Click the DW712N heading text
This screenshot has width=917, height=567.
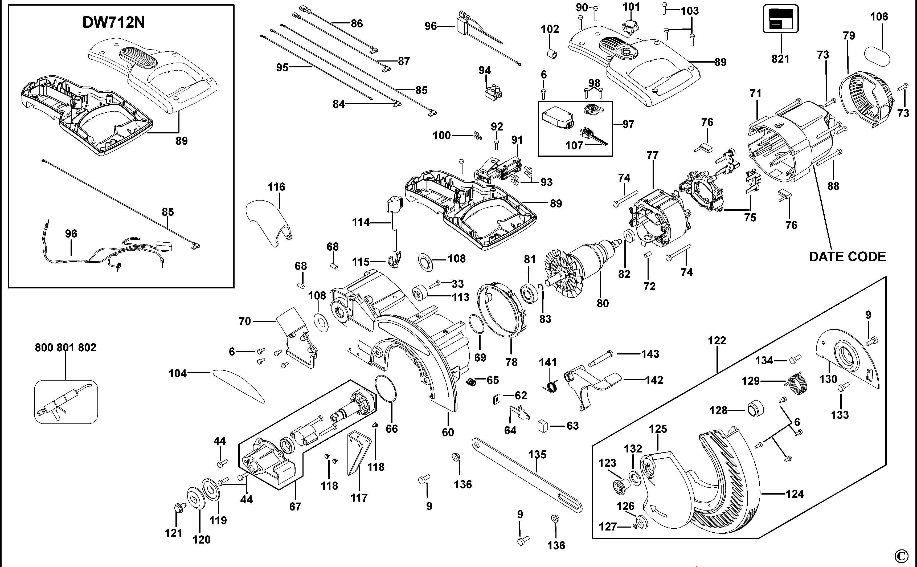pos(114,23)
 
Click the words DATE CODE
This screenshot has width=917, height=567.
pos(847,257)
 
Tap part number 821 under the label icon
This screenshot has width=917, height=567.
pos(780,59)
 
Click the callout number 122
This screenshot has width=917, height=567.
pos(717,341)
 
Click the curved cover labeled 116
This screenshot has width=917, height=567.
pos(268,221)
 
